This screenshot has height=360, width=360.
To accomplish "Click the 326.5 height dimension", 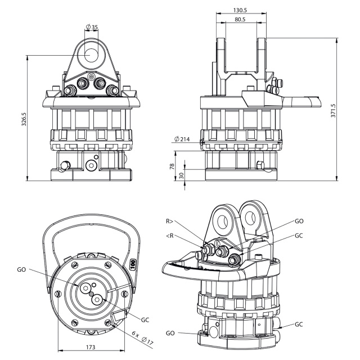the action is [24, 119].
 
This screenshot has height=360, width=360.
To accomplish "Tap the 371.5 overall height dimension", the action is [333, 111].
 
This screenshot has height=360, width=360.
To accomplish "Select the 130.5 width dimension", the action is [240, 10].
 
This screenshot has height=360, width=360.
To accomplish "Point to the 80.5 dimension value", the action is [240, 20].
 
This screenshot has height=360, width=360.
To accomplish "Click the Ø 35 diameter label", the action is [92, 27].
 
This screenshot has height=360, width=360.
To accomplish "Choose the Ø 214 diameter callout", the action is [182, 139].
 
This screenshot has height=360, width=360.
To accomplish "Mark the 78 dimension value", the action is [172, 166].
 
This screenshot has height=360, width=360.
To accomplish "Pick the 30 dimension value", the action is [181, 175].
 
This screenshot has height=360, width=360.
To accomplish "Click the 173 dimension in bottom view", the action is [91, 347].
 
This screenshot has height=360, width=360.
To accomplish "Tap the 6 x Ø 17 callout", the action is [142, 337].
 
